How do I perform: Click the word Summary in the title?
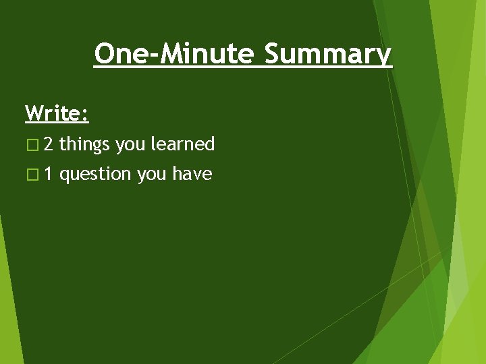point(327,54)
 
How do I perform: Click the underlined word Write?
point(54,113)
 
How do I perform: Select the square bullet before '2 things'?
point(31,144)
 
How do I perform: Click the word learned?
point(182,144)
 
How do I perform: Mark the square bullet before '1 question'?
point(31,175)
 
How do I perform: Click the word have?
point(192,175)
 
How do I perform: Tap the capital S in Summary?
point(272,53)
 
